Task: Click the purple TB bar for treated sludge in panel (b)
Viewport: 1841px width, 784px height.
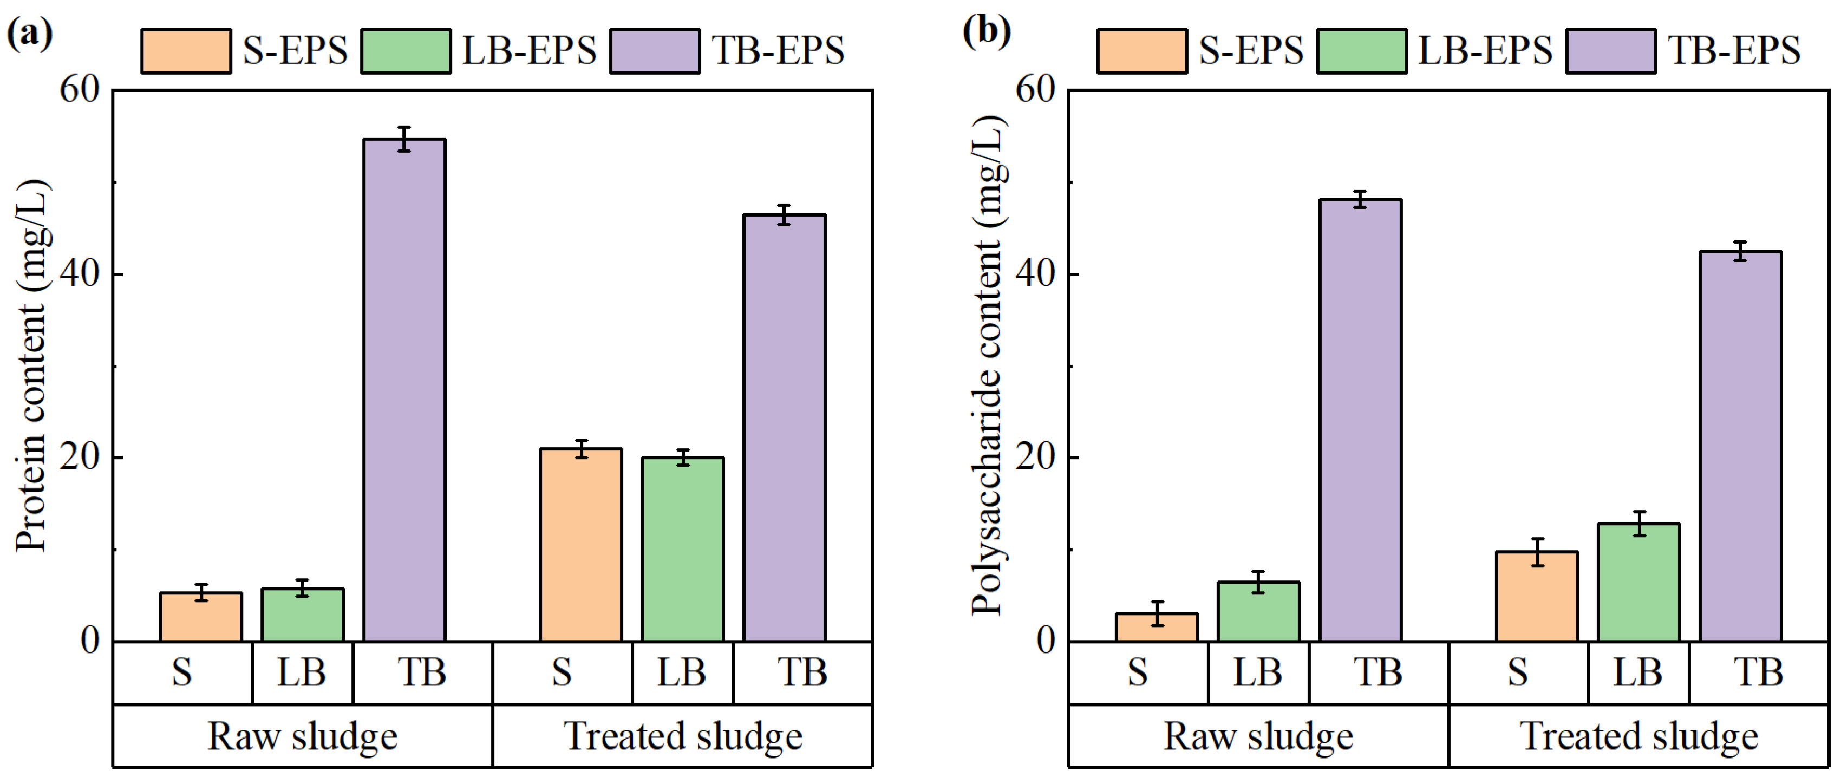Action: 1740,446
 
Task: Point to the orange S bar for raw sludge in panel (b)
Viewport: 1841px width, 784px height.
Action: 1157,627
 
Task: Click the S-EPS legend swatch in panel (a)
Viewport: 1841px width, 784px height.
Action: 186,51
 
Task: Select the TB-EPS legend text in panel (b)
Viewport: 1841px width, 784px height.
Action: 1734,51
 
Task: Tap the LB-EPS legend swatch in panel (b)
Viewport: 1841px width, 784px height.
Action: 1361,51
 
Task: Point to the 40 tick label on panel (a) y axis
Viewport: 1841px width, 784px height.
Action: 81,275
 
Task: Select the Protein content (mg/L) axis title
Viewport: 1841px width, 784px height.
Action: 32,366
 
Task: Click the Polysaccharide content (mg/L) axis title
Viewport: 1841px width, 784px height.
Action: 989,366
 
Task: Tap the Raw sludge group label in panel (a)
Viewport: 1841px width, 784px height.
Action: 302,736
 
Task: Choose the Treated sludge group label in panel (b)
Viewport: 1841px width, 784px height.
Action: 1640,736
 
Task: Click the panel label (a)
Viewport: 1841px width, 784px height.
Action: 29,32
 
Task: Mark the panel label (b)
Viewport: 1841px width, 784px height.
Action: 986,32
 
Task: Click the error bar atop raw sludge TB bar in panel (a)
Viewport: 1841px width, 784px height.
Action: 404,139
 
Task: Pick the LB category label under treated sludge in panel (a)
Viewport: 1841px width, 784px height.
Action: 682,672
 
